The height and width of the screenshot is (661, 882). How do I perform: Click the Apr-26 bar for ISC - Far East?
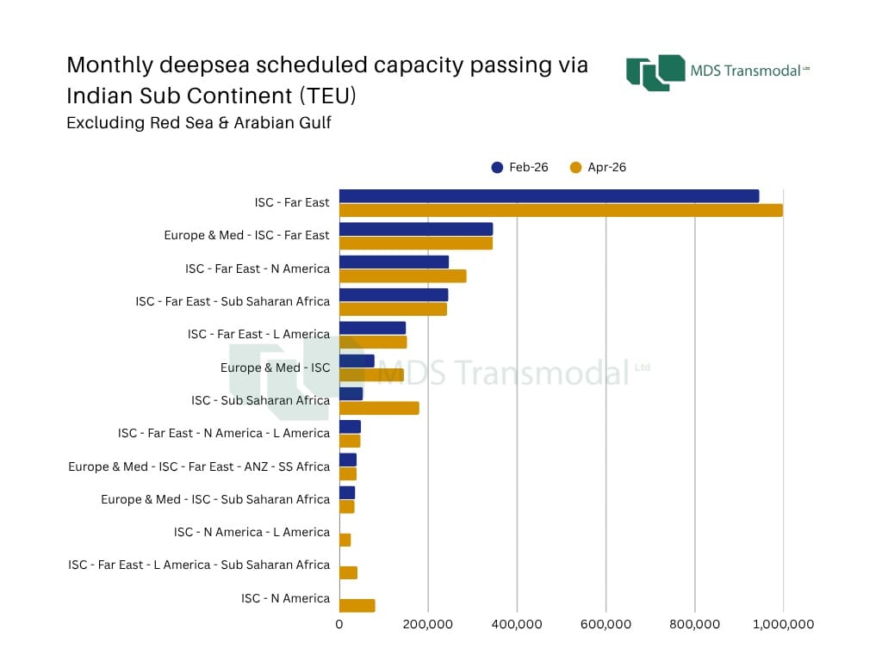point(561,210)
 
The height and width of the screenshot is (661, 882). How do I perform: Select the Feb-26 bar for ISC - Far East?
point(549,196)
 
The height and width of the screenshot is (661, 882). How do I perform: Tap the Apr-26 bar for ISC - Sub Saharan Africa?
point(379,408)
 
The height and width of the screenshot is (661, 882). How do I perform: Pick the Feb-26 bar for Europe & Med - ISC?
point(357,361)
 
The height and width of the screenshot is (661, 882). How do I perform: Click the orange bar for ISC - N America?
point(357,605)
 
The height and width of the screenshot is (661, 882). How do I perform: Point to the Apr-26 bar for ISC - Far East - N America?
point(403,276)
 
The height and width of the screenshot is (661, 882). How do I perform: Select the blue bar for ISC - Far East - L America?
point(372,328)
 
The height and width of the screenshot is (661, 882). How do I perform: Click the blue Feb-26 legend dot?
point(497,168)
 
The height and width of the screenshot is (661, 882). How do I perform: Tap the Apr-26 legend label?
point(606,168)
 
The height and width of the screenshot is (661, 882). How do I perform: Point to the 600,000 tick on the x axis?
point(606,625)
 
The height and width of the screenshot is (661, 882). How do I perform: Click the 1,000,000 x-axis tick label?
point(783,625)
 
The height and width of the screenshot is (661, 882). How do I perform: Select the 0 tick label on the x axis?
point(339,625)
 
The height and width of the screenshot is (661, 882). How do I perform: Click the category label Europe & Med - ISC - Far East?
point(246,235)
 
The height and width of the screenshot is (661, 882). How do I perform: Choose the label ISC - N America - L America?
point(252,532)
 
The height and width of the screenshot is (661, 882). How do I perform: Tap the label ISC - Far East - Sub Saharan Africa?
point(233,301)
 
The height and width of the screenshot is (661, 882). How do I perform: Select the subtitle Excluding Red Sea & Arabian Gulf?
point(199,122)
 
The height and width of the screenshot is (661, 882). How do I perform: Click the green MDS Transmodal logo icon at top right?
point(655,72)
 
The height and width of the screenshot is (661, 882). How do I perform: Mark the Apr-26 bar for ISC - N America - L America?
point(345,541)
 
